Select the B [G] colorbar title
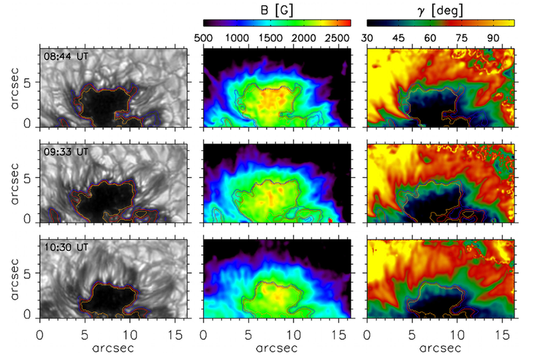coord(276,9)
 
